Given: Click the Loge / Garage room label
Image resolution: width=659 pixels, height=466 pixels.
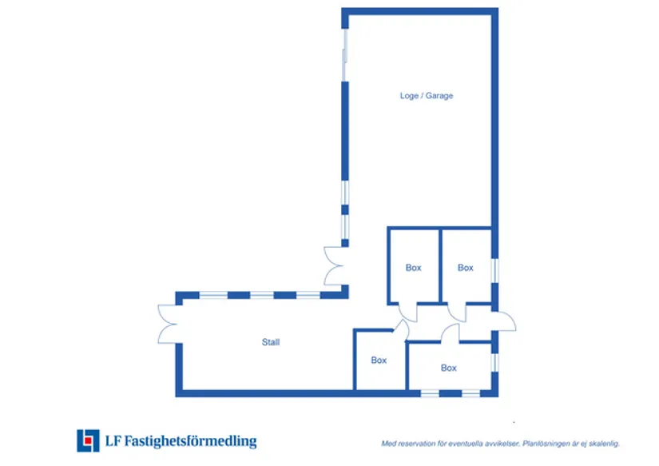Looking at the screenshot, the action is coord(427,96).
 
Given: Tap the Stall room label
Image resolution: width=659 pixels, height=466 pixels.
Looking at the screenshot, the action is coord(271,342).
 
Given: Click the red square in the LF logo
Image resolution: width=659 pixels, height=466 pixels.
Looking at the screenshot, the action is coord(88,440).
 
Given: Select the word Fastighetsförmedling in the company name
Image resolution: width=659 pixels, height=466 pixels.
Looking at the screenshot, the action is coord(190,441).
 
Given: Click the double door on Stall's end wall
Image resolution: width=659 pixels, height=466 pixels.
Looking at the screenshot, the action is coord(167,325).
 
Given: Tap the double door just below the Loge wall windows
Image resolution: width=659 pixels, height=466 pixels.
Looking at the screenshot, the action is coord(333,266).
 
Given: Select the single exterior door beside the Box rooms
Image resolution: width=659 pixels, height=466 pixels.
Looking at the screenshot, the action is coord(505,322).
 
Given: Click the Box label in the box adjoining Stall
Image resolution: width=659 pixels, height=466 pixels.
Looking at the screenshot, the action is coord(379,360).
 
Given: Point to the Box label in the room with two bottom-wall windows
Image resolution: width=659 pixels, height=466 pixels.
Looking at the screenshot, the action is coord(448,368).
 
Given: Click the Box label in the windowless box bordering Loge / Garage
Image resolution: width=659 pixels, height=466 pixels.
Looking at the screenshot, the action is coord(413,268).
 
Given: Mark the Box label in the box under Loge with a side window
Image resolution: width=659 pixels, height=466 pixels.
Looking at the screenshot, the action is coord(465,268).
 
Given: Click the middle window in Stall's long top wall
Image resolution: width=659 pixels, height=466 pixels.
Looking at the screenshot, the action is coord(262,295).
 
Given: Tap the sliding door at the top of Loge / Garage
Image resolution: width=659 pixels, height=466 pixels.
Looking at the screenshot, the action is coord(344,55).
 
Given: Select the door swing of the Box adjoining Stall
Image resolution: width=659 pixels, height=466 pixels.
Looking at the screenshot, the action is coord(401,329).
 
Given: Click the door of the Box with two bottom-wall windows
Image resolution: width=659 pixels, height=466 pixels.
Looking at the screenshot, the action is coord(451,333).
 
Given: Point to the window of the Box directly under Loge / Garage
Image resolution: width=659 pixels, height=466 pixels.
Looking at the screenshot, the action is coord(494,271).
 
